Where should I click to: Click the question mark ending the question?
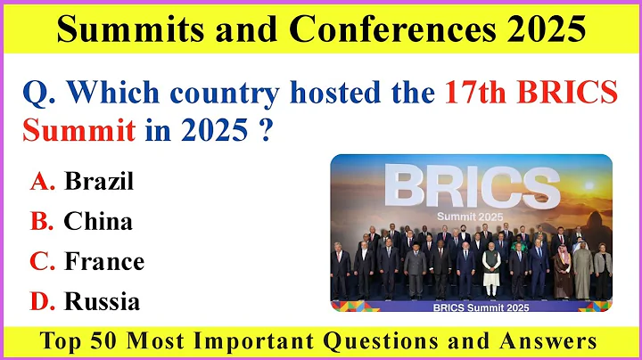(x=265, y=132)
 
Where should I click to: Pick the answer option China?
(x=98, y=221)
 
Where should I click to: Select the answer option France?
(x=103, y=261)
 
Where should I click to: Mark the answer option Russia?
(x=102, y=301)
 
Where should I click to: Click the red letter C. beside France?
(x=43, y=261)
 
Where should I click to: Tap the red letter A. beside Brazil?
(x=43, y=182)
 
